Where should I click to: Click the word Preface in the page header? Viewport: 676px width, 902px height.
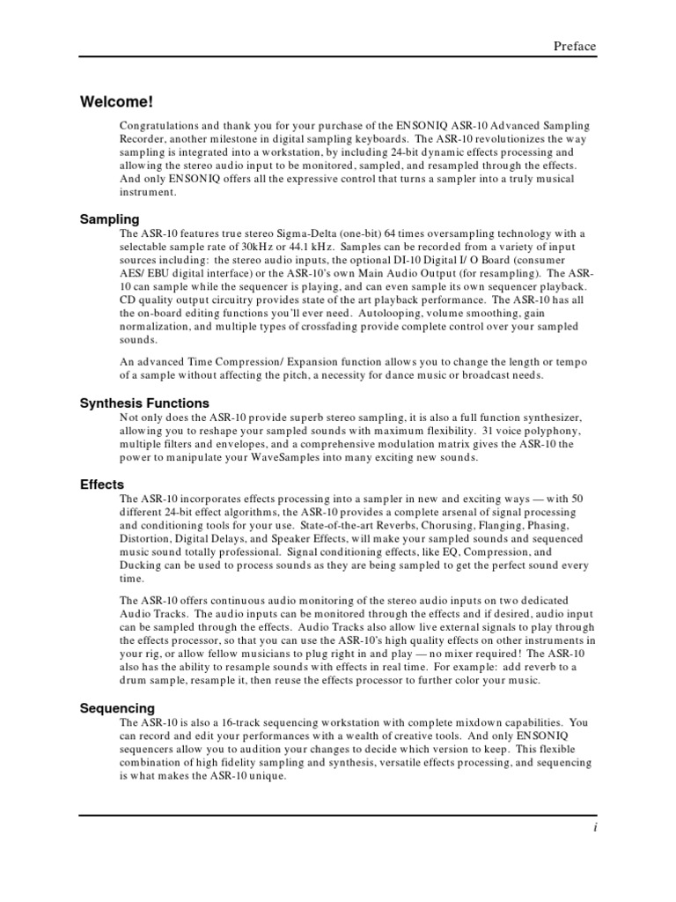point(574,47)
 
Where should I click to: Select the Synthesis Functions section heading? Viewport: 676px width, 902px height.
point(144,403)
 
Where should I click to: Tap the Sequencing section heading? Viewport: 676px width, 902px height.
point(117,708)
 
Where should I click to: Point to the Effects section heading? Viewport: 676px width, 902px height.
point(102,484)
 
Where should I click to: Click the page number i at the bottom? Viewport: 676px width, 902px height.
point(595,829)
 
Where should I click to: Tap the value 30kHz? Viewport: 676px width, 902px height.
point(258,247)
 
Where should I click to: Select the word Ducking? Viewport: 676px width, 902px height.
point(140,566)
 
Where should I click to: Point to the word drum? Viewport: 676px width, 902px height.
point(135,680)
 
